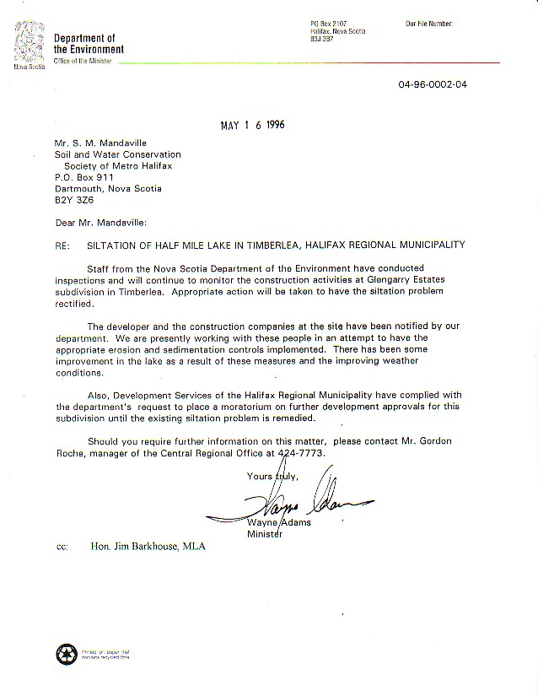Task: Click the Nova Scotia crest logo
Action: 27,43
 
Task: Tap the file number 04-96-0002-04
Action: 433,84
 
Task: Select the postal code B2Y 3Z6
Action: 71,200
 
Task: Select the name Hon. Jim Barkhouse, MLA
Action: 148,546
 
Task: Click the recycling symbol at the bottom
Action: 65,653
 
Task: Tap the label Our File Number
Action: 429,24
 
